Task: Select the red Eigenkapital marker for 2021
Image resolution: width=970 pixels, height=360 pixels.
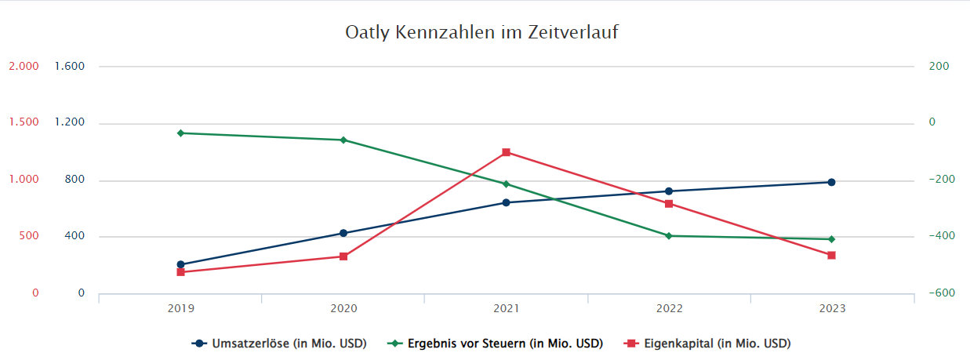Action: pyautogui.click(x=507, y=152)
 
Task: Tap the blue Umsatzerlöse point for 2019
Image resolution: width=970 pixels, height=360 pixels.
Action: pyautogui.click(x=180, y=265)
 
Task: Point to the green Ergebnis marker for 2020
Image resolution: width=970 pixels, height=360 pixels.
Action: pyautogui.click(x=343, y=140)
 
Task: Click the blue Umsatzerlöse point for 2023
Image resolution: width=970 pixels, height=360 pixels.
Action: pyautogui.click(x=832, y=183)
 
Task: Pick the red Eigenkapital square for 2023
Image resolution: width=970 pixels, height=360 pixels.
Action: pyautogui.click(x=832, y=256)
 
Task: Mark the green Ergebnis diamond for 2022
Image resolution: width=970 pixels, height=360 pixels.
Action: pyautogui.click(x=669, y=236)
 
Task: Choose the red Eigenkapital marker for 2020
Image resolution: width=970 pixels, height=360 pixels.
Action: pyautogui.click(x=343, y=256)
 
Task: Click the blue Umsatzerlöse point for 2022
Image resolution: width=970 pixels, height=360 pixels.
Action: pyautogui.click(x=669, y=191)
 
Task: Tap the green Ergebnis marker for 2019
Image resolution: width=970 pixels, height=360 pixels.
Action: pyautogui.click(x=180, y=133)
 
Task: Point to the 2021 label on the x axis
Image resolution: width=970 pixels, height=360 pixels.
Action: pyautogui.click(x=507, y=309)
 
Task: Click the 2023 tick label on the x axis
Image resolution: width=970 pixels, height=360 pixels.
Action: pyautogui.click(x=832, y=309)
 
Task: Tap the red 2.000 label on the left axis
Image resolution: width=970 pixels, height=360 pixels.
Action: pyautogui.click(x=24, y=67)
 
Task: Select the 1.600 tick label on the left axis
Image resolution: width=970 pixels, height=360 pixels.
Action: pyautogui.click(x=70, y=67)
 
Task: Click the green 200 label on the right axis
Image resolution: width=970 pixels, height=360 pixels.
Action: pyautogui.click(x=939, y=67)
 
